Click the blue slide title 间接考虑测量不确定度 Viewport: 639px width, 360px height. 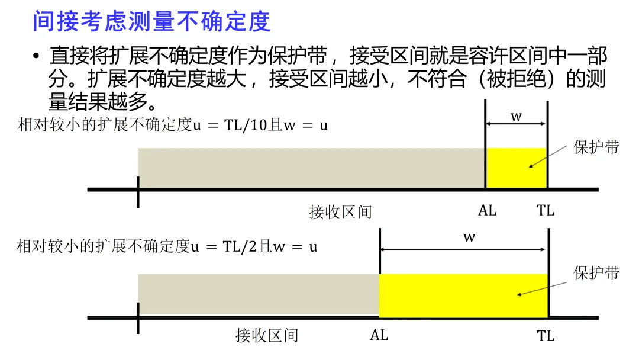point(151,22)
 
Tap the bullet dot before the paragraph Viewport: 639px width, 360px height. point(36,57)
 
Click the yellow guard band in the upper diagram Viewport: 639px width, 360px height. point(515,168)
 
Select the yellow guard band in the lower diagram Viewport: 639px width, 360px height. point(463,294)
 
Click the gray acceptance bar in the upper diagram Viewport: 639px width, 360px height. point(311,168)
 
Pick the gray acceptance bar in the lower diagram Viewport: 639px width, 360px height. point(258,294)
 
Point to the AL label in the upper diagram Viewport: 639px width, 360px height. point(487,210)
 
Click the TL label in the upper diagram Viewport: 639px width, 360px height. point(546,210)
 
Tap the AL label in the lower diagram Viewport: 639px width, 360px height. point(379,335)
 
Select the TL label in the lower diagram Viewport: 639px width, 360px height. point(546,336)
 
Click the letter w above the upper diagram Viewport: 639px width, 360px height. point(516,116)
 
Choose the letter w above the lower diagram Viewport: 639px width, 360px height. point(469,237)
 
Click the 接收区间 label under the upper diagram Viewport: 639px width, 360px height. point(340,211)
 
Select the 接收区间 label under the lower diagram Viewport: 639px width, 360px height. point(267,336)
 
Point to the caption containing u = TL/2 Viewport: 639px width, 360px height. point(167,246)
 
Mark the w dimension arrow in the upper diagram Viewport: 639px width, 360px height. point(516,124)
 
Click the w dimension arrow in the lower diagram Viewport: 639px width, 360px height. point(464,249)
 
